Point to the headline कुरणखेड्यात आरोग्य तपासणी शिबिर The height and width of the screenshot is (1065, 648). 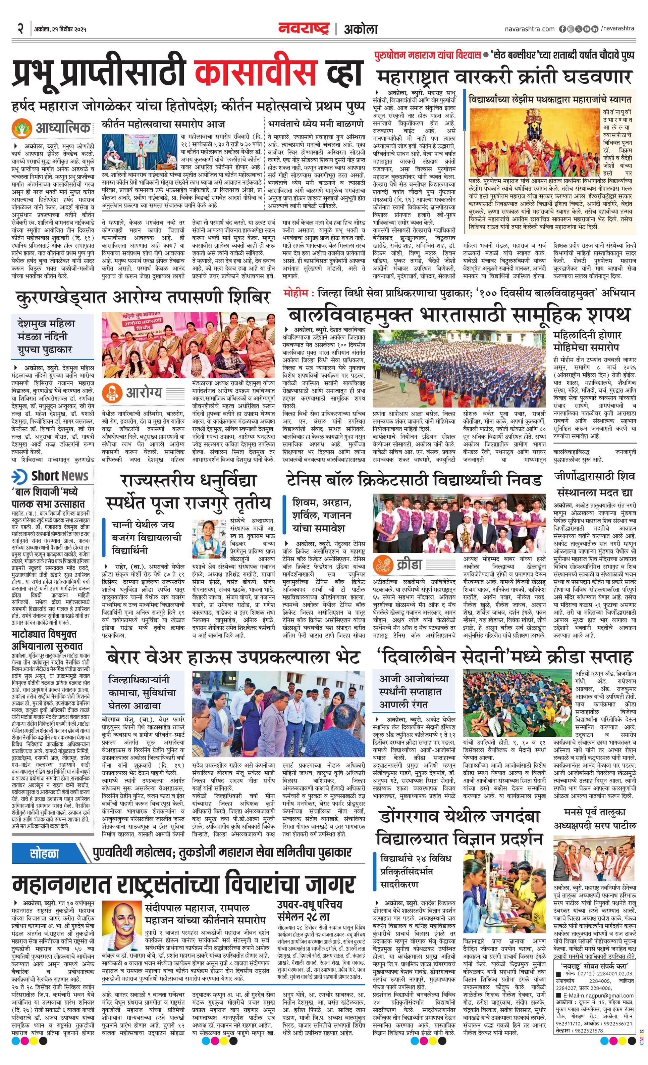coord(143,298)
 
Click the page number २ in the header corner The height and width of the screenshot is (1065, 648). coord(20,30)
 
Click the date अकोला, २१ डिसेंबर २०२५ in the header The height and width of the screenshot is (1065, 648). coord(60,30)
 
